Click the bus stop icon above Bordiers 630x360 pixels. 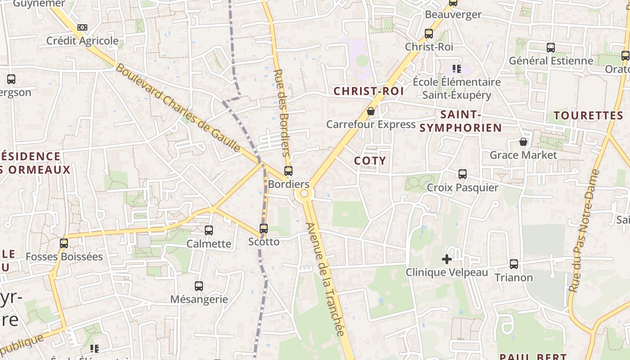(x=288, y=171)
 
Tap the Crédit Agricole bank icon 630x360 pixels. (x=82, y=27)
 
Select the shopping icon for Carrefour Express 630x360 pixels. (x=371, y=111)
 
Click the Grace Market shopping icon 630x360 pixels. (x=523, y=142)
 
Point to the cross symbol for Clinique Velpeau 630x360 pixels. (x=446, y=259)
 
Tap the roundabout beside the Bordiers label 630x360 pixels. (x=304, y=193)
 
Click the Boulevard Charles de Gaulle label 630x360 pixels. (x=178, y=108)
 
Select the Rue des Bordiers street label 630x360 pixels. (x=282, y=112)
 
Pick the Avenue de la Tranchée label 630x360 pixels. (x=324, y=279)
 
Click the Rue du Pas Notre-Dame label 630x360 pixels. (x=584, y=230)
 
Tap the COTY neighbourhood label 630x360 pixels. (x=370, y=161)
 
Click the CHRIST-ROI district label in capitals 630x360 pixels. (x=368, y=91)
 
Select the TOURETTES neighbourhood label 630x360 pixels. (x=588, y=116)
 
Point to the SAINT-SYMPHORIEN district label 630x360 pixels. (x=460, y=121)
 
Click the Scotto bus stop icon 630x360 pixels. (x=264, y=229)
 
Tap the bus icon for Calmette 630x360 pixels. (x=209, y=230)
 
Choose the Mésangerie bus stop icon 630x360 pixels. (x=199, y=286)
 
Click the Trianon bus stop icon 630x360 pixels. (x=514, y=264)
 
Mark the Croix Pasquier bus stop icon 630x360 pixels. (x=462, y=174)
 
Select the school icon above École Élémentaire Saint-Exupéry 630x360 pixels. (x=457, y=69)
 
